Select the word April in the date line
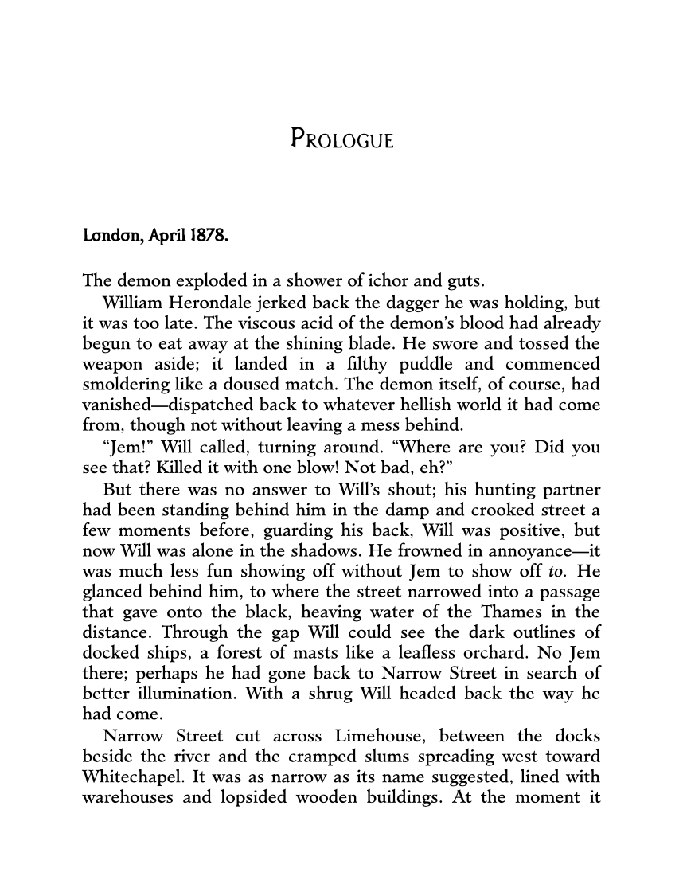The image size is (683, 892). tap(162, 237)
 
